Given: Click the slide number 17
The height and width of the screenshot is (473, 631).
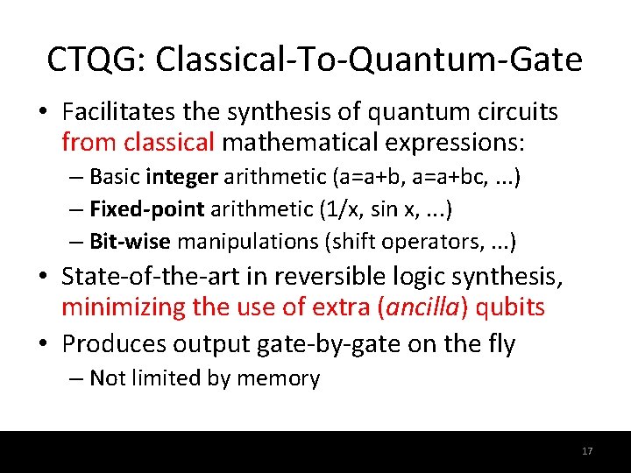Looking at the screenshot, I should [x=587, y=451].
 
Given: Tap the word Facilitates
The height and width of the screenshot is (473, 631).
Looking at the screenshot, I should [x=113, y=112].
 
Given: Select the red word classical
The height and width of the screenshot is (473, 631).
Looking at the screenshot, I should [x=169, y=141].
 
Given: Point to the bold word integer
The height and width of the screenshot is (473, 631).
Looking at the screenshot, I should [x=182, y=178].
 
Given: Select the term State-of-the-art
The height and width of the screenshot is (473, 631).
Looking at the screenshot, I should [x=143, y=278].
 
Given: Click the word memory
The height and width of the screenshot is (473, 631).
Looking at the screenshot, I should [x=284, y=378].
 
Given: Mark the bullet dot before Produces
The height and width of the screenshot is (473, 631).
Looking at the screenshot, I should [x=49, y=344].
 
